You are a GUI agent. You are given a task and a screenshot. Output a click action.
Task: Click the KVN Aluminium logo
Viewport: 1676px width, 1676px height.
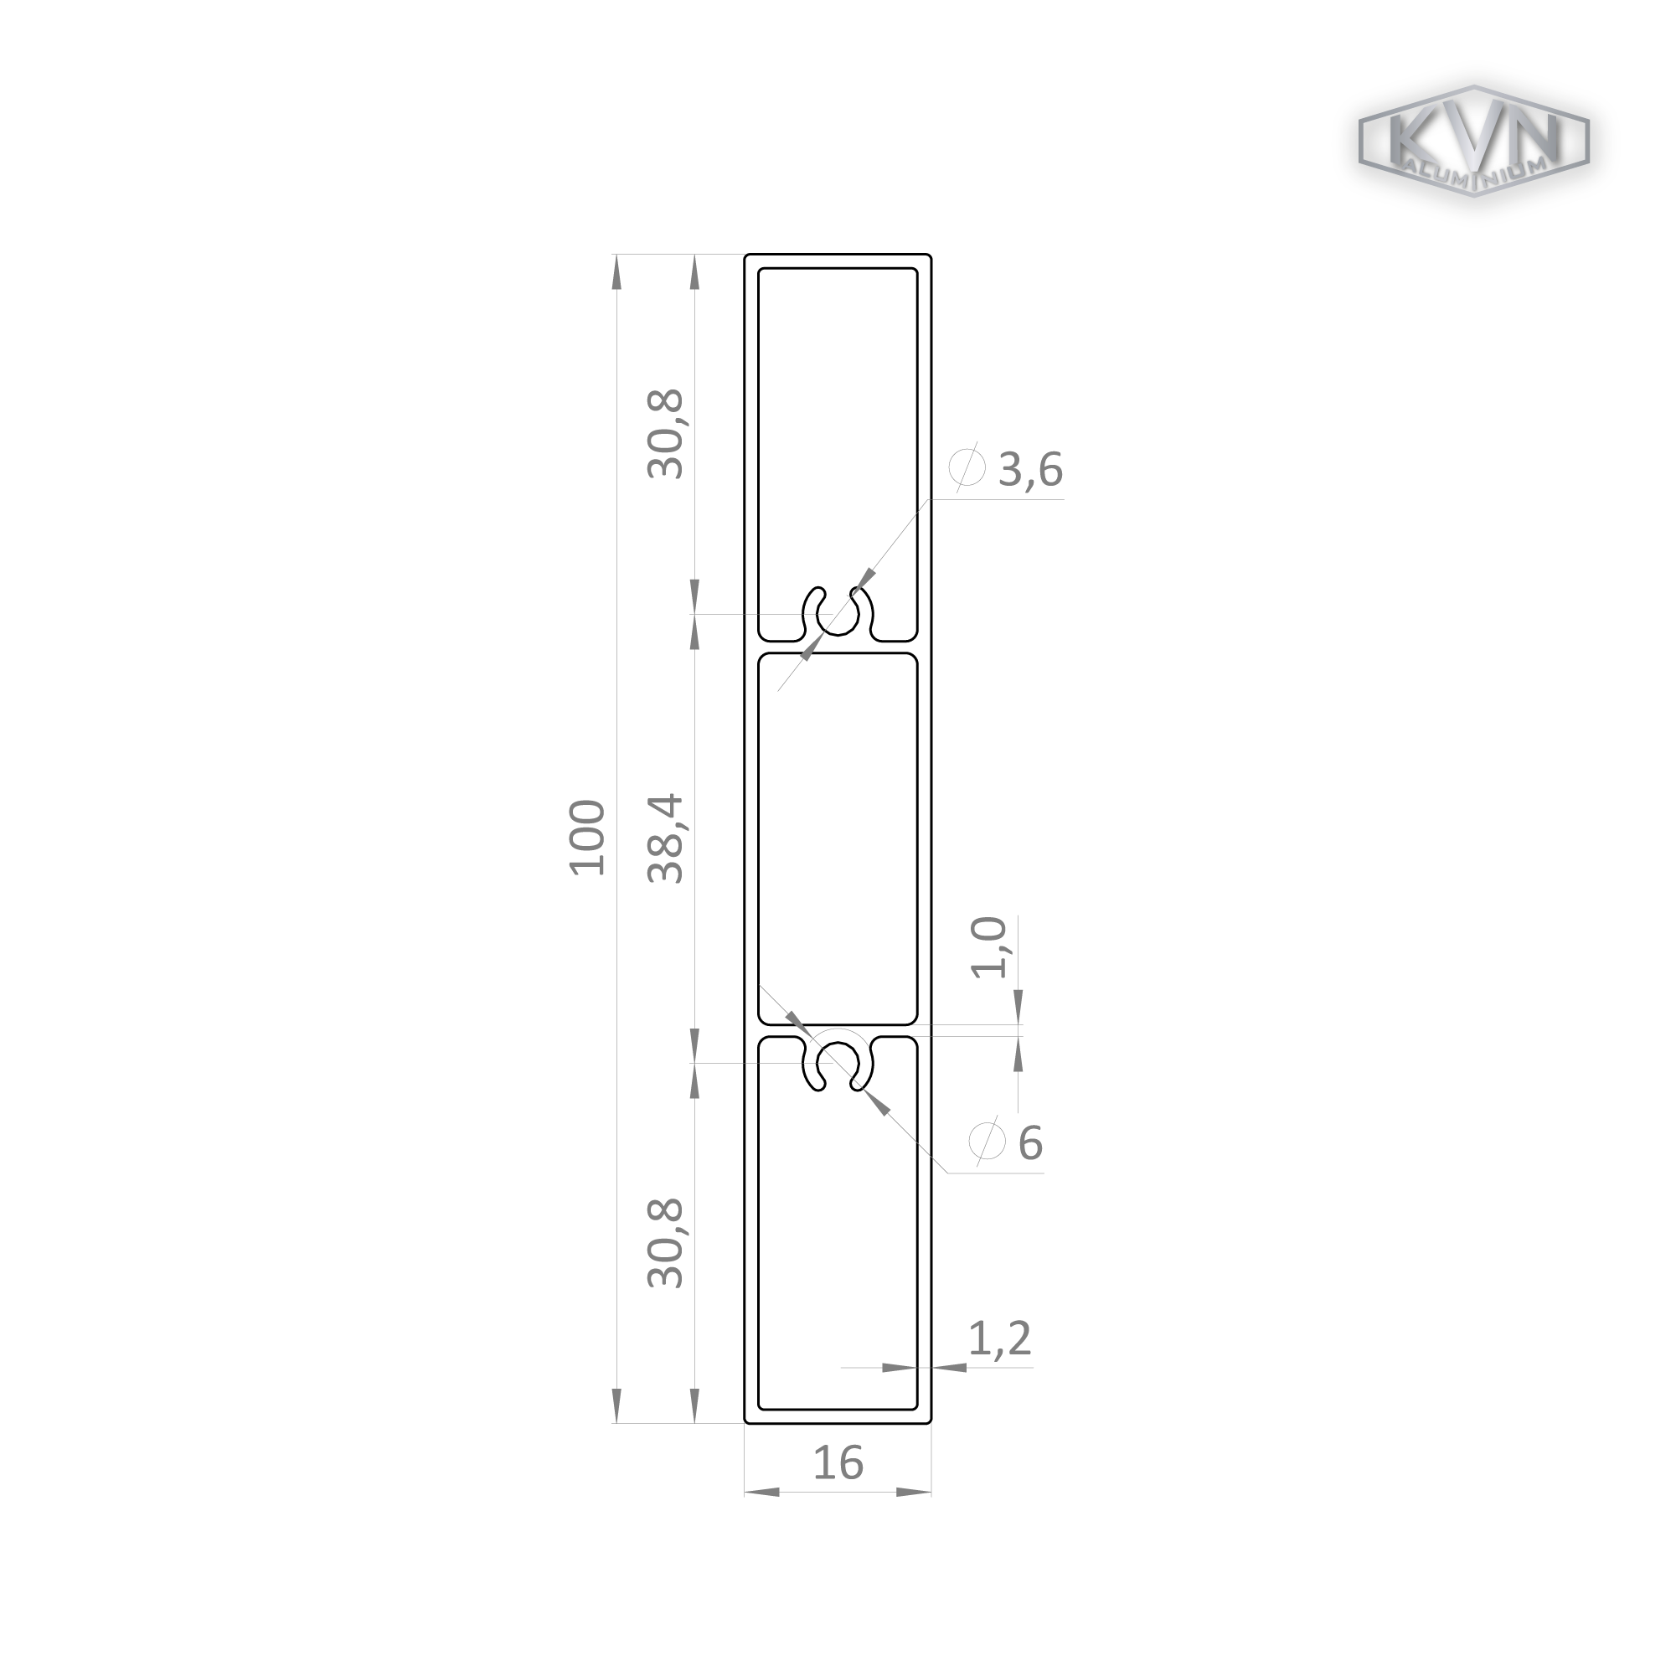1472,141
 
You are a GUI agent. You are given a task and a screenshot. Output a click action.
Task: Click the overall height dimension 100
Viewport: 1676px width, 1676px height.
587,838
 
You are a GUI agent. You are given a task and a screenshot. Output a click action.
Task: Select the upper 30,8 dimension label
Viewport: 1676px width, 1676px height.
666,435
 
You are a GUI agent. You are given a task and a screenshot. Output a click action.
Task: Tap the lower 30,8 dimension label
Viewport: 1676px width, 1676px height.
666,1242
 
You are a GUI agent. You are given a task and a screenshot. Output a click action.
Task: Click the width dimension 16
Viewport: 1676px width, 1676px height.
838,1462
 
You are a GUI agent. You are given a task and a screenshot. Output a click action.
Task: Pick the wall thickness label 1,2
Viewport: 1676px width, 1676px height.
999,1338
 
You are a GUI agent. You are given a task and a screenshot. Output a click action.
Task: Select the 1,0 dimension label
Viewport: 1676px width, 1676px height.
989,947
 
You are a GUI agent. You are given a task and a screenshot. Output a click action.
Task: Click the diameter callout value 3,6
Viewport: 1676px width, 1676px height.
1030,470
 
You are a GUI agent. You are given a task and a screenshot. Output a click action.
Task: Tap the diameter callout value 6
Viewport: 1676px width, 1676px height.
1029,1143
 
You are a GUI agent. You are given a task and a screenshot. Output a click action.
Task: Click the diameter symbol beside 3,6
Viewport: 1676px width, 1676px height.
967,468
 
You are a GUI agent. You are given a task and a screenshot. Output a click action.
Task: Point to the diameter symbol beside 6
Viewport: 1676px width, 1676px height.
986,1142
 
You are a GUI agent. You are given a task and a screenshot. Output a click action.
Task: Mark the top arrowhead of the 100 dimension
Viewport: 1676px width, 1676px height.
616,271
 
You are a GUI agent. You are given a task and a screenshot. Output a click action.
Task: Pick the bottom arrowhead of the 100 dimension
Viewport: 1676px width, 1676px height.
616,1405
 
